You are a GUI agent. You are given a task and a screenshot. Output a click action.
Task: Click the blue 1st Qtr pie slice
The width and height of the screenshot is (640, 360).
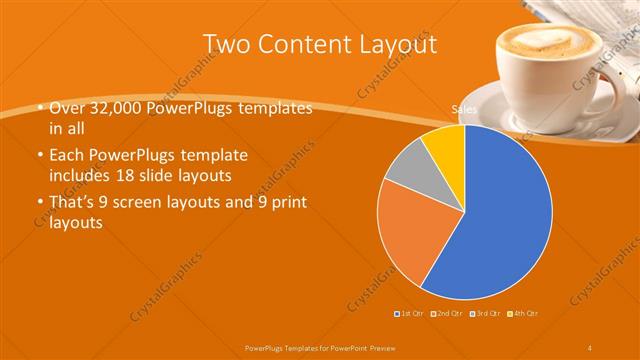pyautogui.click(x=500, y=220)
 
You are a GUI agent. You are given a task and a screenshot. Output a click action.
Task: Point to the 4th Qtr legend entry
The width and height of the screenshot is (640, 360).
pyautogui.click(x=523, y=314)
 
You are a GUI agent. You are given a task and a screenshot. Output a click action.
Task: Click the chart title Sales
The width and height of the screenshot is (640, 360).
pyautogui.click(x=463, y=110)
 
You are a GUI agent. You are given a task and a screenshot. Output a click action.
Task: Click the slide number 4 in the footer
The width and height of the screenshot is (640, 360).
pyautogui.click(x=591, y=346)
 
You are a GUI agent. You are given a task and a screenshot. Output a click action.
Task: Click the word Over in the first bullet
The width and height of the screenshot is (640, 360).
pyautogui.click(x=65, y=109)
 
